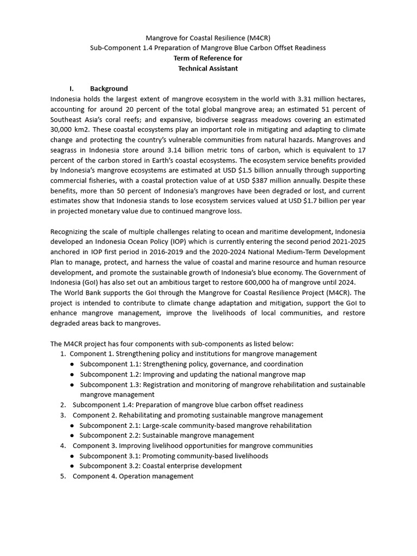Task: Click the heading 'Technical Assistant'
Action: (208, 68)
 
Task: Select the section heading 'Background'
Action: (109, 89)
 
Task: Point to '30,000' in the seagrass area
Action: (62, 130)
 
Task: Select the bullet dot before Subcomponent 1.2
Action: (72, 374)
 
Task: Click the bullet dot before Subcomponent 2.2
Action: (72, 435)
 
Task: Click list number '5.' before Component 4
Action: (64, 476)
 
